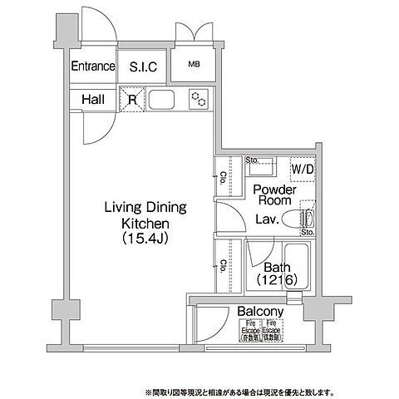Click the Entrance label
91,67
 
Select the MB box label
193,65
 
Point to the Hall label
93,101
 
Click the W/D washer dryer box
301,170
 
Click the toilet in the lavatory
298,219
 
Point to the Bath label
276,268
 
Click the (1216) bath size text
276,282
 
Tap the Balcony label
260,312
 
